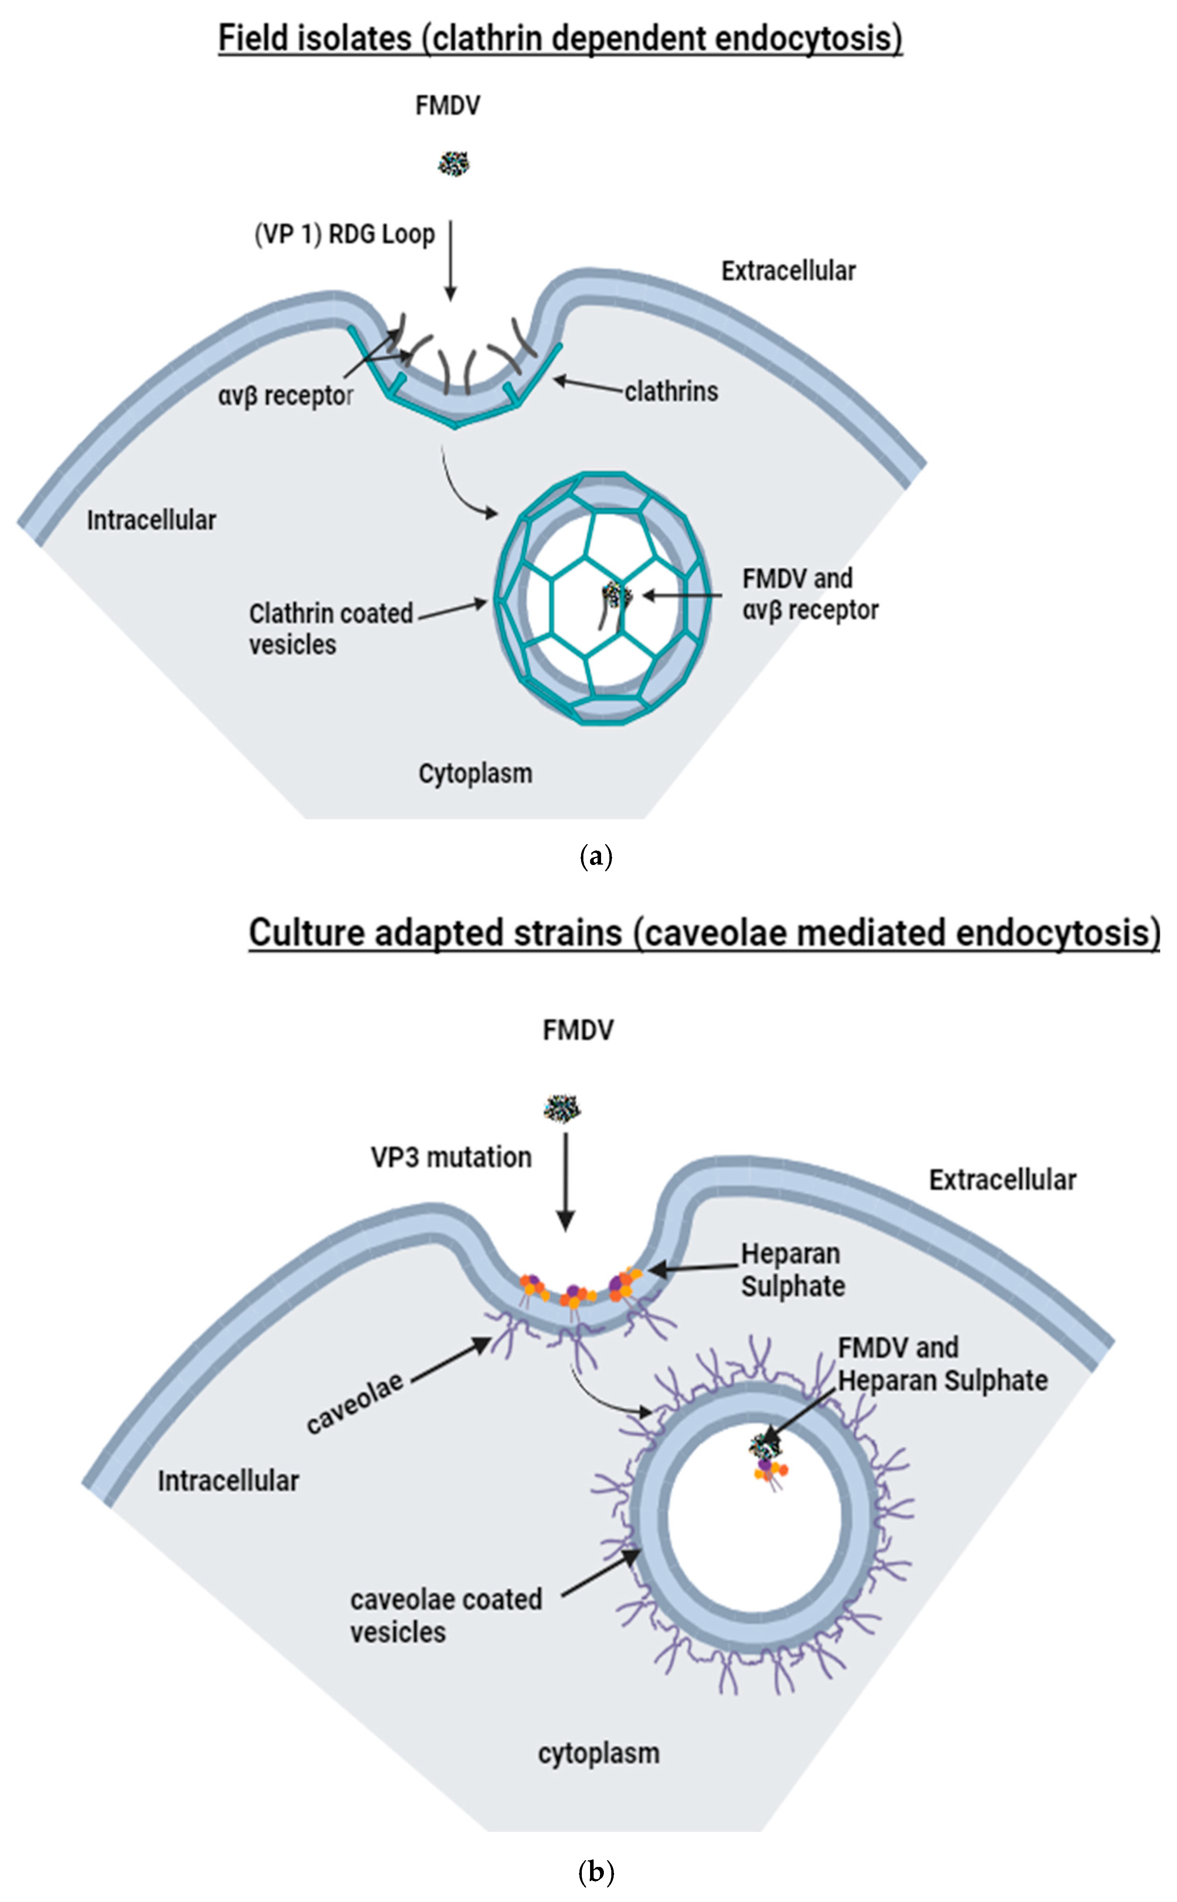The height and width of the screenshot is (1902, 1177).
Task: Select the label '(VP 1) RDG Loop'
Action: point(345,234)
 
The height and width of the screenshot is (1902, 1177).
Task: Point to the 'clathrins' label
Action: point(671,392)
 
